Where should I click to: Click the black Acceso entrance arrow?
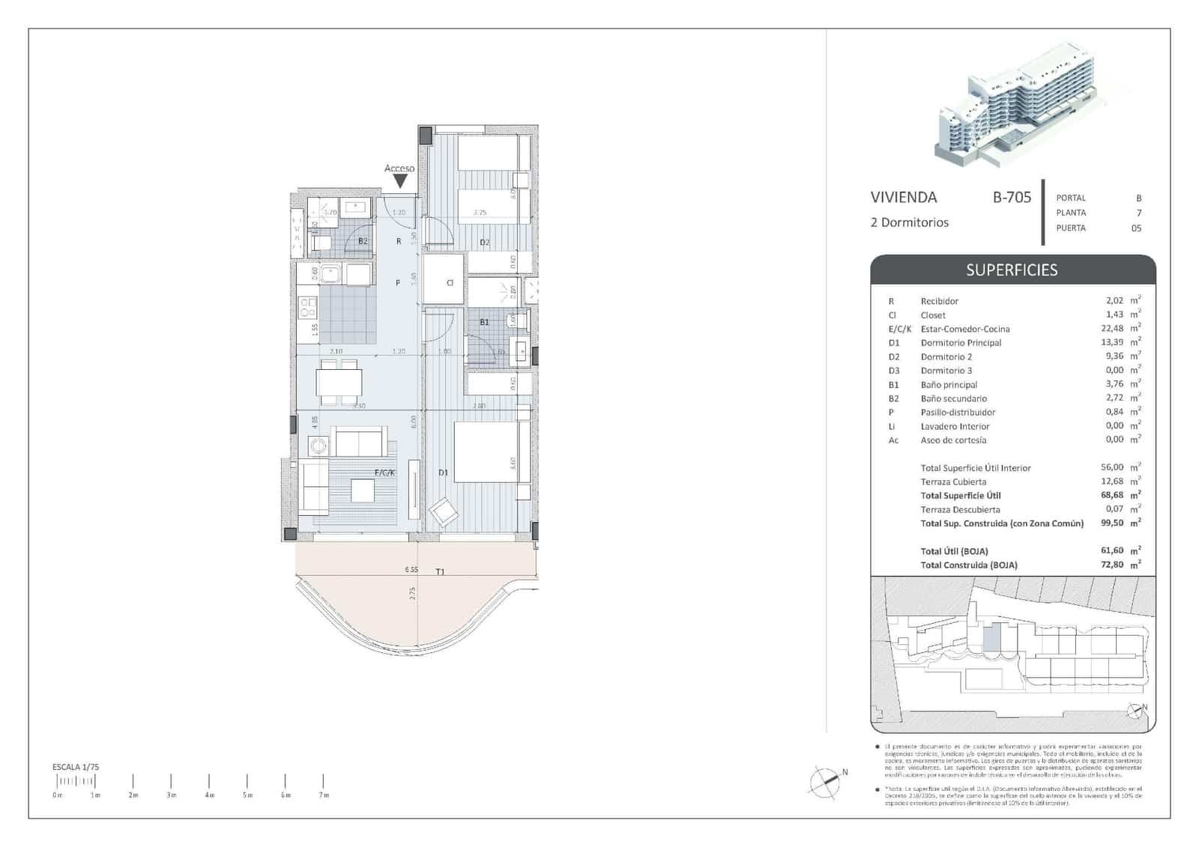[x=400, y=181]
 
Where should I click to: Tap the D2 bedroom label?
[x=484, y=242]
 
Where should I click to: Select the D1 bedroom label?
[x=443, y=473]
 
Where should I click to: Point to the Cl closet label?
[x=450, y=283]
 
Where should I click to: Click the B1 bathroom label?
[x=484, y=322]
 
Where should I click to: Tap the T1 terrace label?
[x=440, y=571]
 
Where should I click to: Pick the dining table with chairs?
[x=339, y=382]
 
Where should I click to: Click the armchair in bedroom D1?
[x=443, y=513]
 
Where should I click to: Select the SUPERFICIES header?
[x=1012, y=270]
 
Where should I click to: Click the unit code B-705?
[x=1012, y=198]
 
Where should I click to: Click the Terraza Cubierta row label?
[x=953, y=482]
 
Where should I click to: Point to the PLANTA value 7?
[x=1139, y=213]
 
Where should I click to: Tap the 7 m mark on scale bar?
[x=323, y=782]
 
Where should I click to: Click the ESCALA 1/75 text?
[x=76, y=767]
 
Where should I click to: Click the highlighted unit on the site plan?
[x=991, y=638]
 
